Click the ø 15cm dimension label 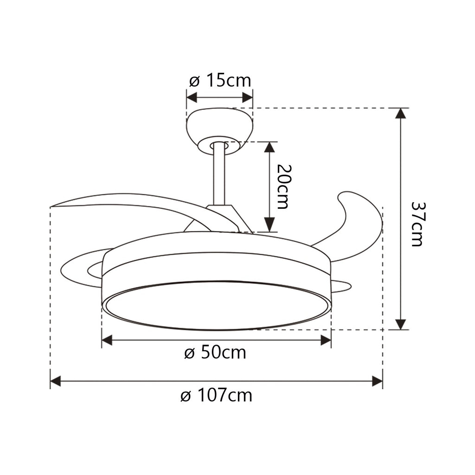coord(220,81)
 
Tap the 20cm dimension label coord(282,186)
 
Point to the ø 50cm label coord(215,353)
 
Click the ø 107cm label coord(216,396)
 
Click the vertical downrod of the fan coord(219,176)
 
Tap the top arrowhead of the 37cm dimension coord(401,113)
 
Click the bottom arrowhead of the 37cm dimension coord(401,324)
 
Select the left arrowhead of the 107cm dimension coord(56,382)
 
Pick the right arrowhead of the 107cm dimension coord(377,382)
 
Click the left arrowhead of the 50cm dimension coord(107,340)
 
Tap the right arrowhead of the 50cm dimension coord(326,340)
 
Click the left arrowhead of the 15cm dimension coord(192,97)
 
